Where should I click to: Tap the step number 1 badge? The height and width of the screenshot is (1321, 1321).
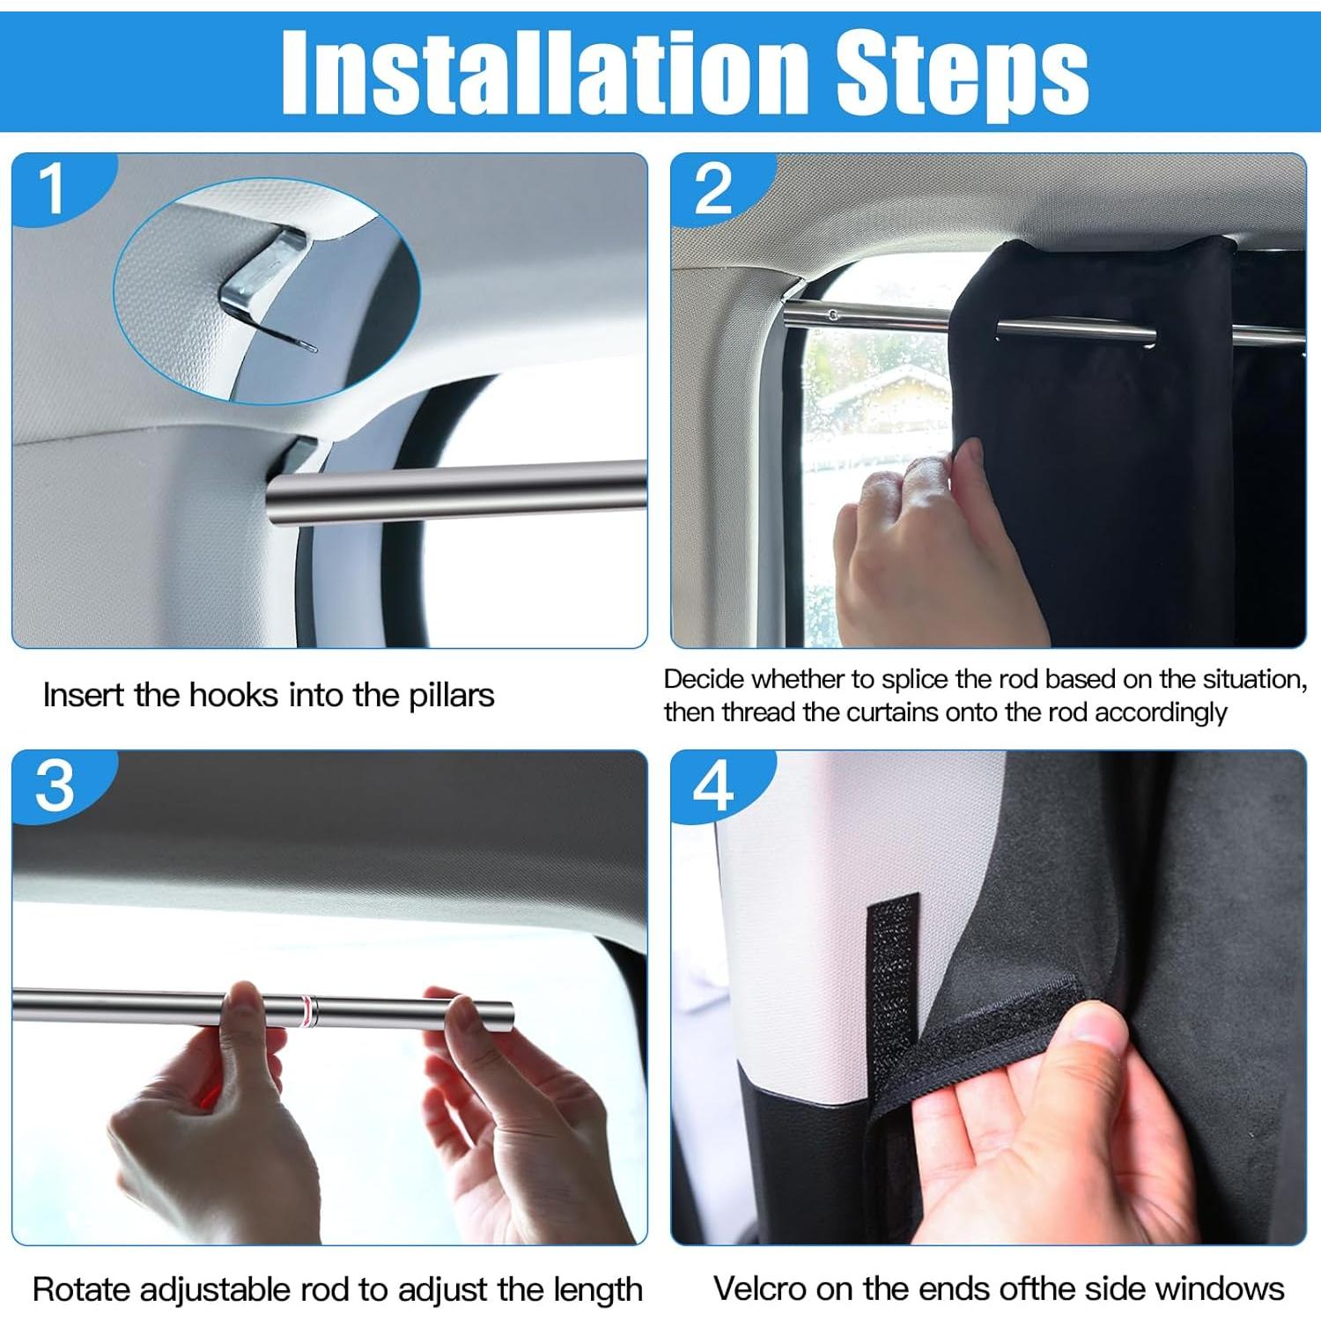tap(53, 188)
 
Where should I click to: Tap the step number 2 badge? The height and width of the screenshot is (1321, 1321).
tap(712, 188)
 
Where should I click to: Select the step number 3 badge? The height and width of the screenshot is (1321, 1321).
tap(55, 786)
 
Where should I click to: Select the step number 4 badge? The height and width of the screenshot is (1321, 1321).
tap(712, 786)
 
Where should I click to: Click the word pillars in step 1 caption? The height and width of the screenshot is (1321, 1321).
tap(451, 696)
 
